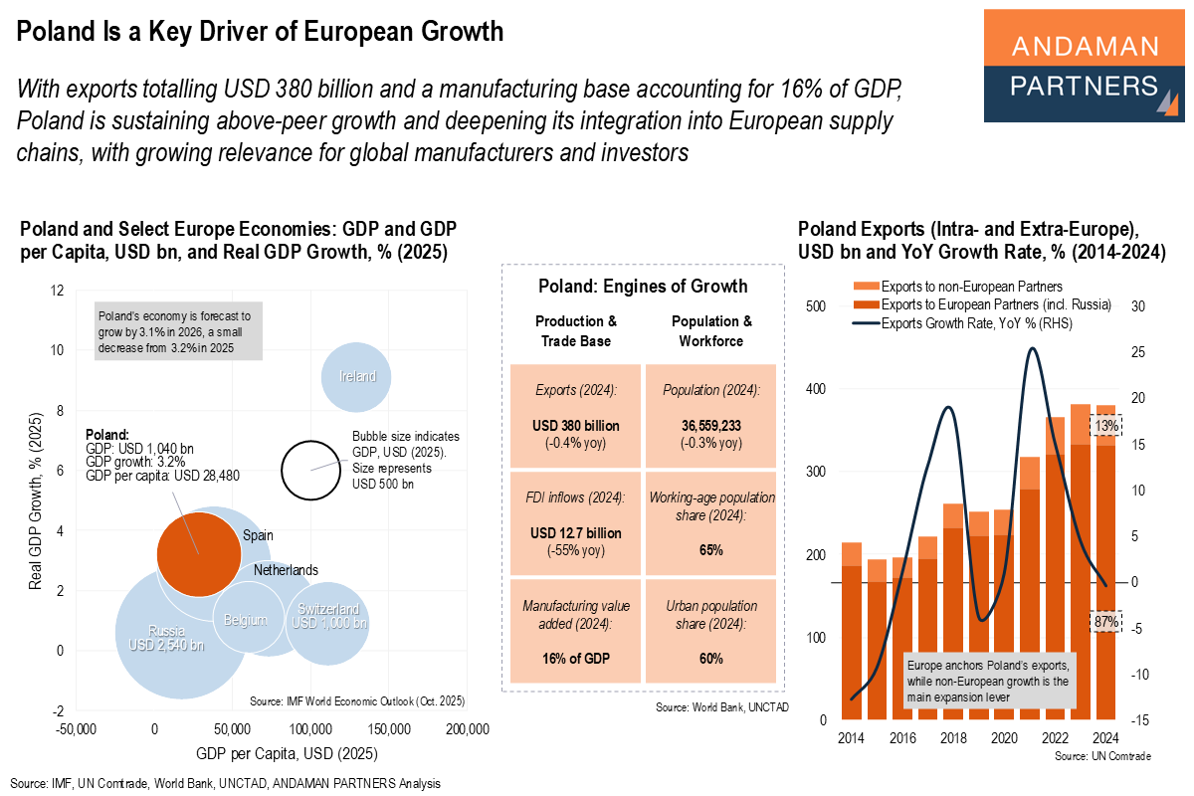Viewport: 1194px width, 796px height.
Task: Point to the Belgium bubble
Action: tap(245, 620)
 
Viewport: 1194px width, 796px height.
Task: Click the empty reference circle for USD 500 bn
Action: tap(311, 470)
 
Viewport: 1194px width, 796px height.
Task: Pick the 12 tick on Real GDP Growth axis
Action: tap(58, 291)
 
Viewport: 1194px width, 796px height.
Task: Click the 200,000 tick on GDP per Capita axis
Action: tap(467, 729)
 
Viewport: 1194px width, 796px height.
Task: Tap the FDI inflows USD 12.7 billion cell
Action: tap(576, 522)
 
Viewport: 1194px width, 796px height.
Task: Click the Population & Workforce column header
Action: tap(711, 330)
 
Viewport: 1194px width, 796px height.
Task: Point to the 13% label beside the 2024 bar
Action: tap(1105, 425)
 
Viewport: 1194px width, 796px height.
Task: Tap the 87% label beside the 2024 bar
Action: tap(1105, 622)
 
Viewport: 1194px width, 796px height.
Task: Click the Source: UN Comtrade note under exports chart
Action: tap(1100, 756)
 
